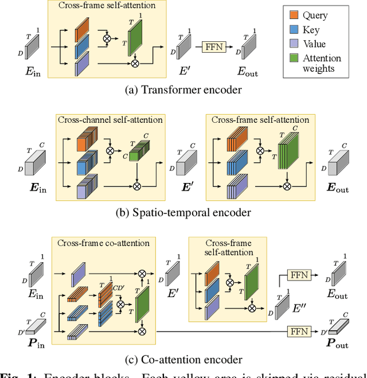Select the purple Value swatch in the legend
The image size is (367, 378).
295,44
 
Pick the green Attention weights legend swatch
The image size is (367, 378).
295,58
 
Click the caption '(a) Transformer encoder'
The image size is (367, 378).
183,89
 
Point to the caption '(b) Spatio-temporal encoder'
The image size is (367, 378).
183,212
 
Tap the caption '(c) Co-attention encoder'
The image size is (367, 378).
183,360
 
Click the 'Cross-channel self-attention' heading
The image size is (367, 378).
110,119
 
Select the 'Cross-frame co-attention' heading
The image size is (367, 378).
103,243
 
